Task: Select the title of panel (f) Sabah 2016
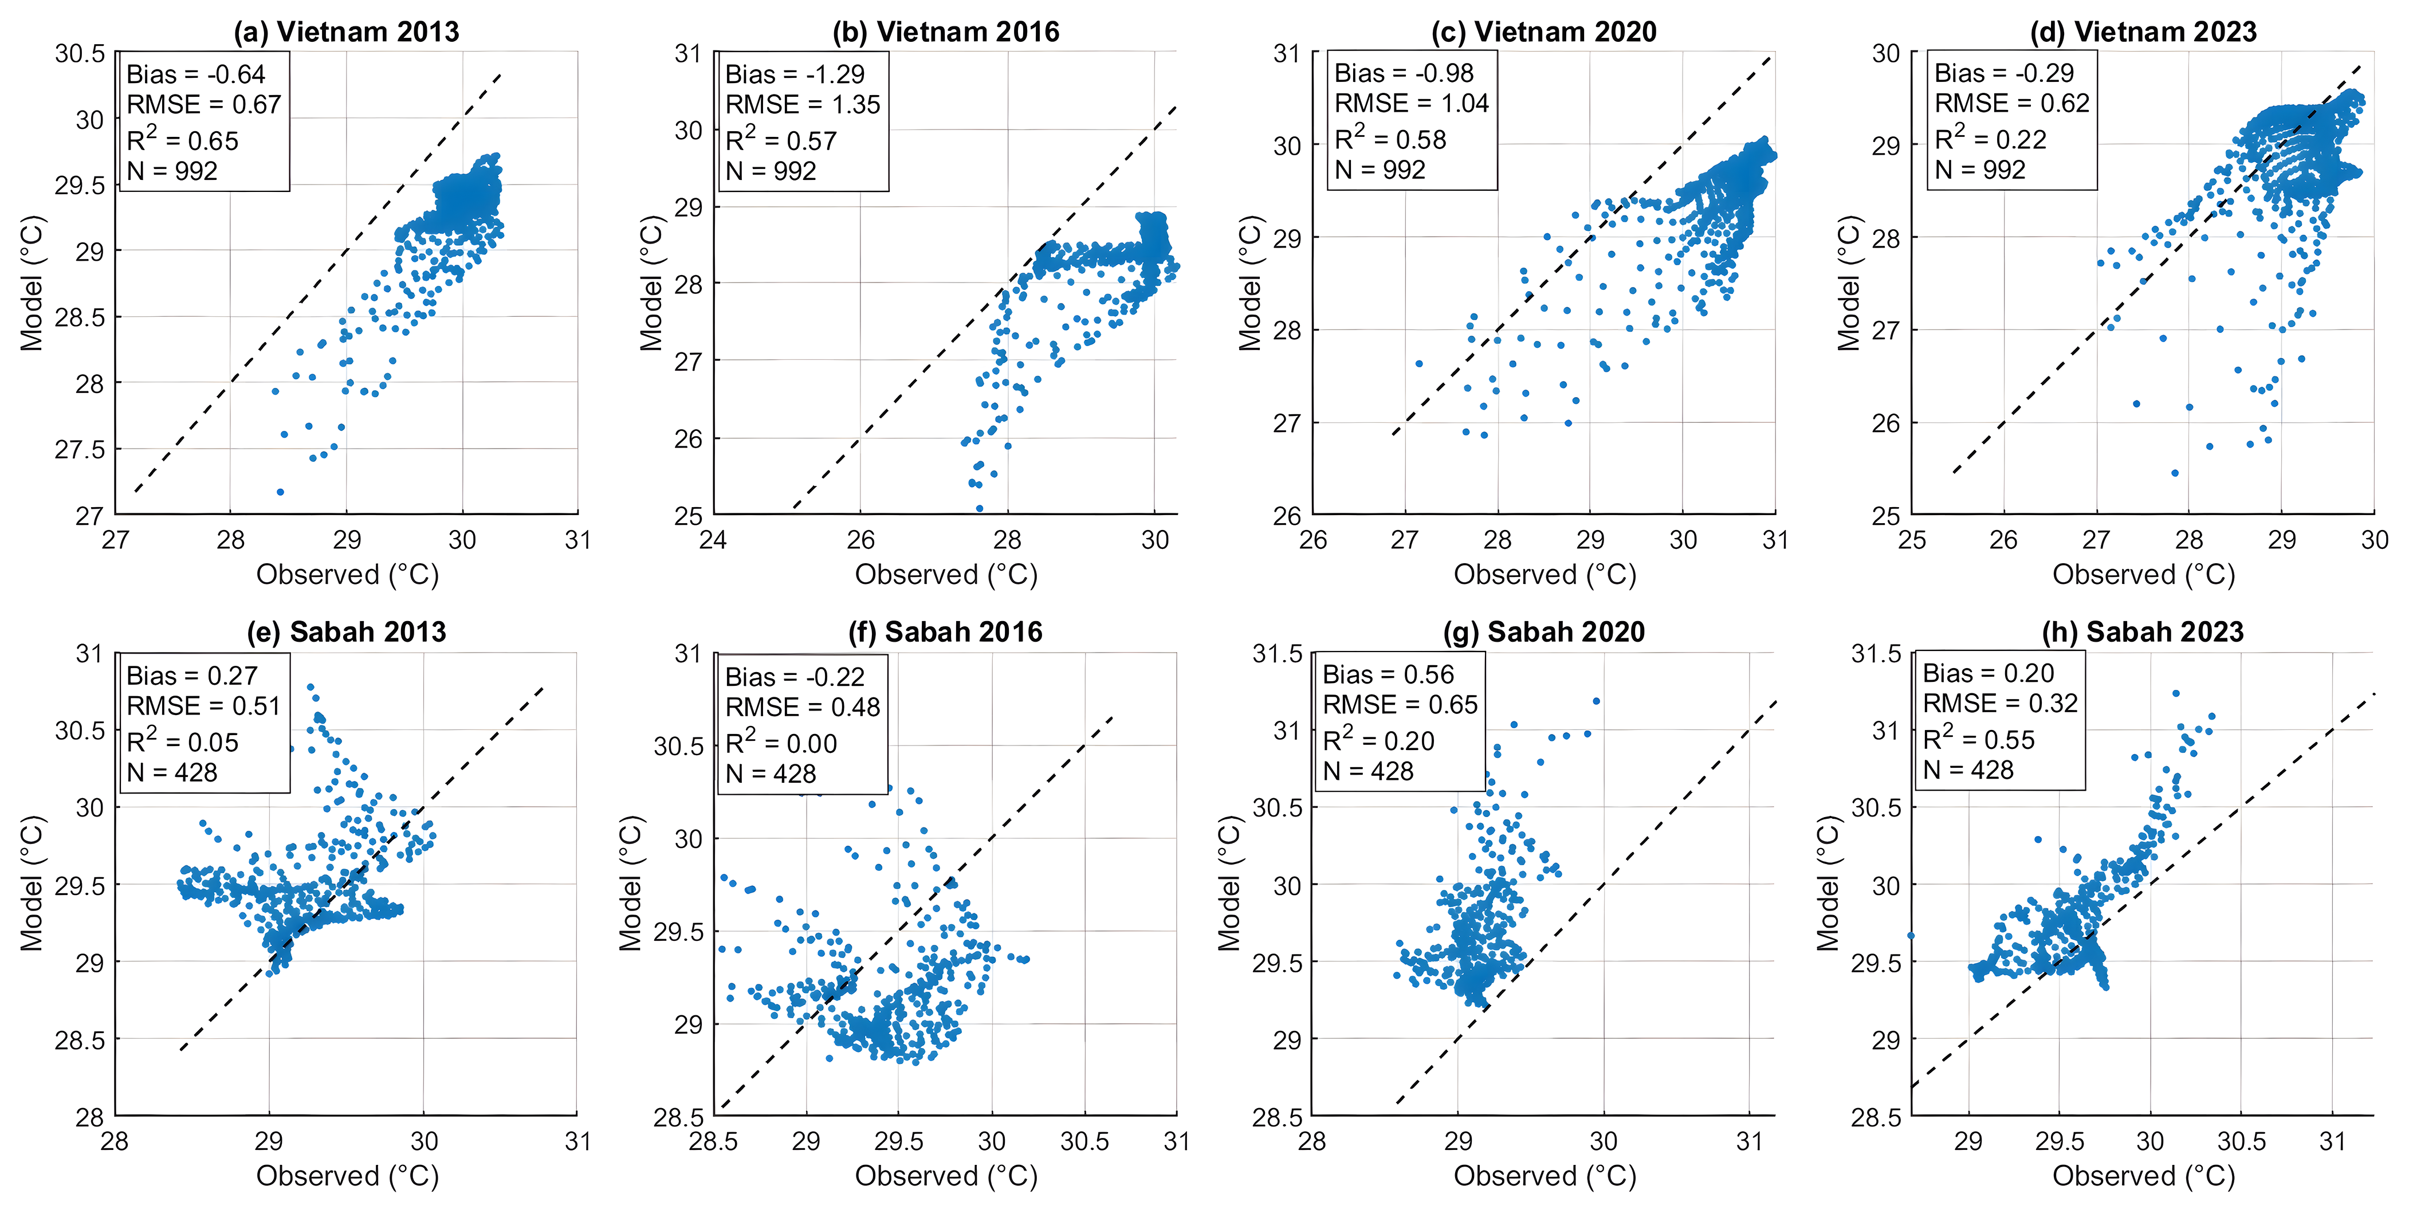(945, 632)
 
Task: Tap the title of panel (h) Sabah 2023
(2143, 632)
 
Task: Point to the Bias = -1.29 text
(795, 74)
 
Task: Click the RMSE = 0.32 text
(1999, 703)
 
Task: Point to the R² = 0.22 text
(1990, 139)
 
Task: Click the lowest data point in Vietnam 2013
(280, 491)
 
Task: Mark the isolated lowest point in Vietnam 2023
(2175, 473)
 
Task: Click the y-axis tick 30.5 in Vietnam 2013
(80, 53)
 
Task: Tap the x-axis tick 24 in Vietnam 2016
(713, 540)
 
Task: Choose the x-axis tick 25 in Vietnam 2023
(1912, 540)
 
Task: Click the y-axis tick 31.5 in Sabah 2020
(1278, 654)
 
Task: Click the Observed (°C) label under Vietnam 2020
(1545, 574)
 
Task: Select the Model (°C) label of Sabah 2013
(32, 884)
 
